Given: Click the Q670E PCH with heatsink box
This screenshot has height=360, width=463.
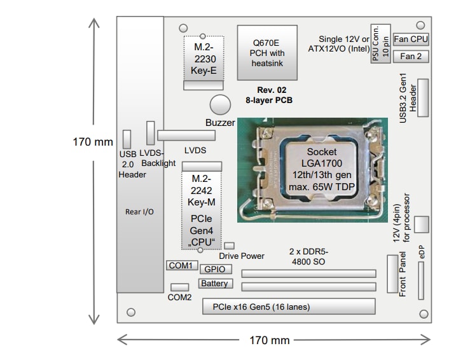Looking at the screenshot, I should coord(267,52).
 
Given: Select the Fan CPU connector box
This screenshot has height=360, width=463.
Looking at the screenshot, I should coord(411,39).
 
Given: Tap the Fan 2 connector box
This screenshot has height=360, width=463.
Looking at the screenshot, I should coord(411,57).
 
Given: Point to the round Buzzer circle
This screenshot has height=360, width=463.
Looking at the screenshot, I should coord(220,104).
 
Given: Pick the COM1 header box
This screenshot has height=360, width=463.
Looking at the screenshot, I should coord(181,265).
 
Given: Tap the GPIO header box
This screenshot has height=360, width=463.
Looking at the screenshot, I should coord(215,269).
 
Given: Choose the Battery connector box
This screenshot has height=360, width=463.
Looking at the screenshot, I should coord(215,284).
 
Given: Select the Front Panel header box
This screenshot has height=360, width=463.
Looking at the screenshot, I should coord(392,273).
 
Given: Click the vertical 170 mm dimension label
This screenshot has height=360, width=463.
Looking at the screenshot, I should coord(93,142).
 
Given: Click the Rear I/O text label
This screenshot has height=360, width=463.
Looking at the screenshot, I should coord(139,212).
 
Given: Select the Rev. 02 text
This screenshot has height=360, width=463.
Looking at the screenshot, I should coord(269,90).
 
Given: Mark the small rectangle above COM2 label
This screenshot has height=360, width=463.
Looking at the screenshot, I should coord(179,287).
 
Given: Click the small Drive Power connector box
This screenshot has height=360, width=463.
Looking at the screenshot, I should coord(229,245).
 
